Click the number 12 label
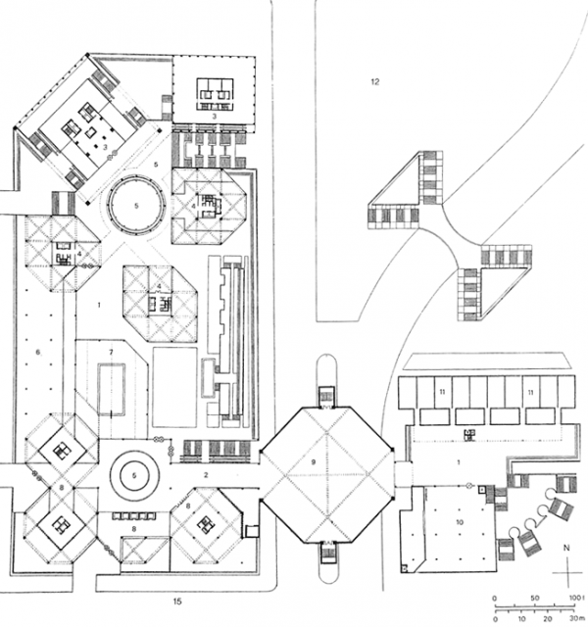[374, 80]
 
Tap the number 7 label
[112, 351]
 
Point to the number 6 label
[38, 350]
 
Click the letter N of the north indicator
[565, 550]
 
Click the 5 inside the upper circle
[136, 205]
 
